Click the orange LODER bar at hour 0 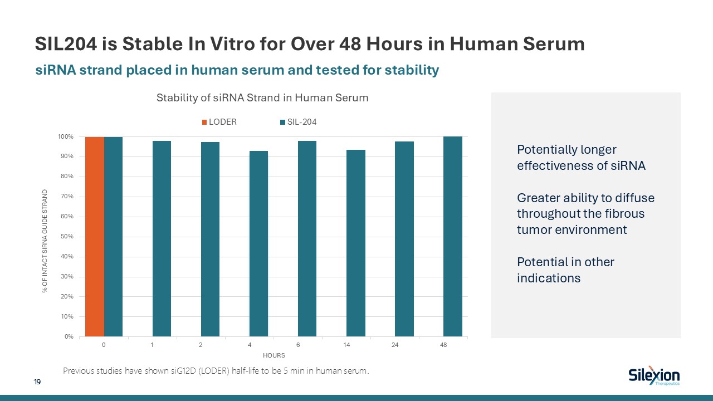[95, 237]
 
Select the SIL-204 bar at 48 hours [453, 237]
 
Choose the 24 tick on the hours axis [395, 345]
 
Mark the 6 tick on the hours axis [298, 345]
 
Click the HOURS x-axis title [274, 355]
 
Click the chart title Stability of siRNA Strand [262, 98]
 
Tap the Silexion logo [653, 376]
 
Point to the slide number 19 [37, 382]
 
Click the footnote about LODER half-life [216, 371]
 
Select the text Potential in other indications [565, 270]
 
